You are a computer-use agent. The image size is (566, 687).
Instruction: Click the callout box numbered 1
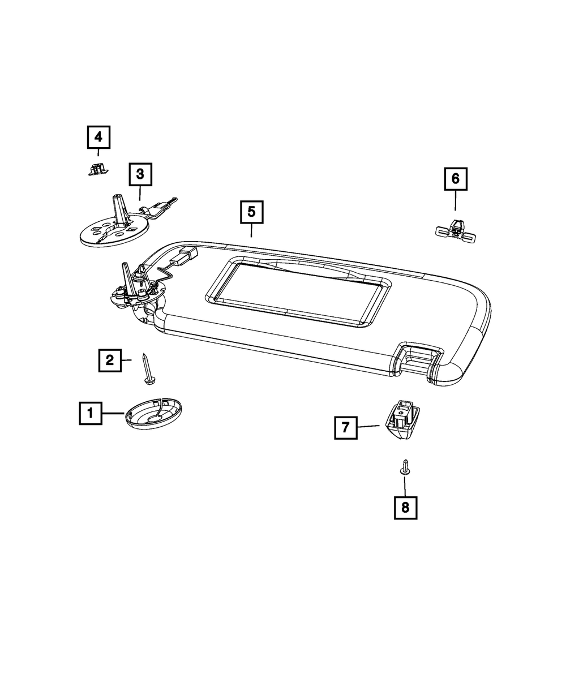click(91, 413)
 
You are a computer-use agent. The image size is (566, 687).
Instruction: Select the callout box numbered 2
click(110, 359)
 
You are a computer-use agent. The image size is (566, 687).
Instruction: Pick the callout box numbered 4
click(98, 137)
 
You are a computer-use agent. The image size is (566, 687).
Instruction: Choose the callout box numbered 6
click(456, 179)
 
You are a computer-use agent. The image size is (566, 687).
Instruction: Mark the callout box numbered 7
click(345, 427)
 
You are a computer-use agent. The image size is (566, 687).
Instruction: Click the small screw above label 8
click(405, 467)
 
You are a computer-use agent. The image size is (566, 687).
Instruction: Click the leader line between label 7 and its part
click(369, 426)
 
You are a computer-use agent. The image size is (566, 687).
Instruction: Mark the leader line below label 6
click(456, 201)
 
